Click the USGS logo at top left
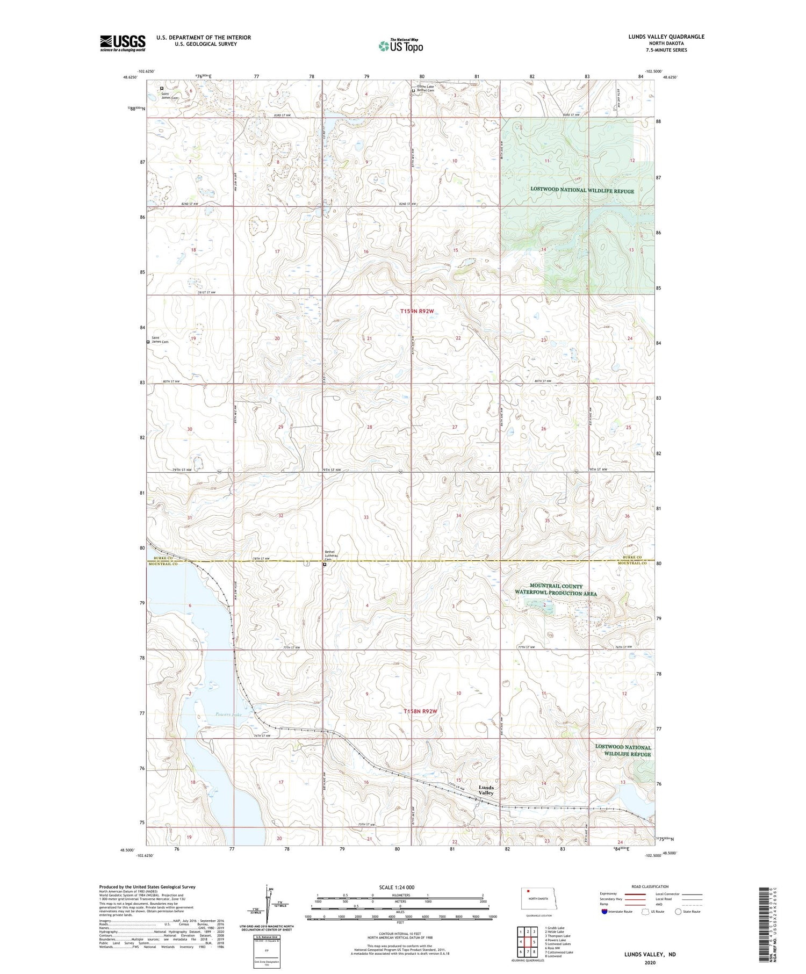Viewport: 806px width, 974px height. click(123, 43)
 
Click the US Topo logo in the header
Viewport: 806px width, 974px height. click(401, 46)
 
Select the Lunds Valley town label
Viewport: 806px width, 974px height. click(486, 790)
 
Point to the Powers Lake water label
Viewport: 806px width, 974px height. click(229, 715)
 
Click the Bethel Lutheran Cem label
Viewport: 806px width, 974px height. click(332, 555)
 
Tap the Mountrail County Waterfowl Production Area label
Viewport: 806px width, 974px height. click(556, 589)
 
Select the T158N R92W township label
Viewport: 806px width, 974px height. click(421, 711)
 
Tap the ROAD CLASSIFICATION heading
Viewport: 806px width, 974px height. click(650, 886)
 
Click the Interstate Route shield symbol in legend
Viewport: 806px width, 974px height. click(604, 912)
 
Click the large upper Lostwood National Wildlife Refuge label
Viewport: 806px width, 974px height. click(582, 191)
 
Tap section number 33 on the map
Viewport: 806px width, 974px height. click(366, 517)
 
